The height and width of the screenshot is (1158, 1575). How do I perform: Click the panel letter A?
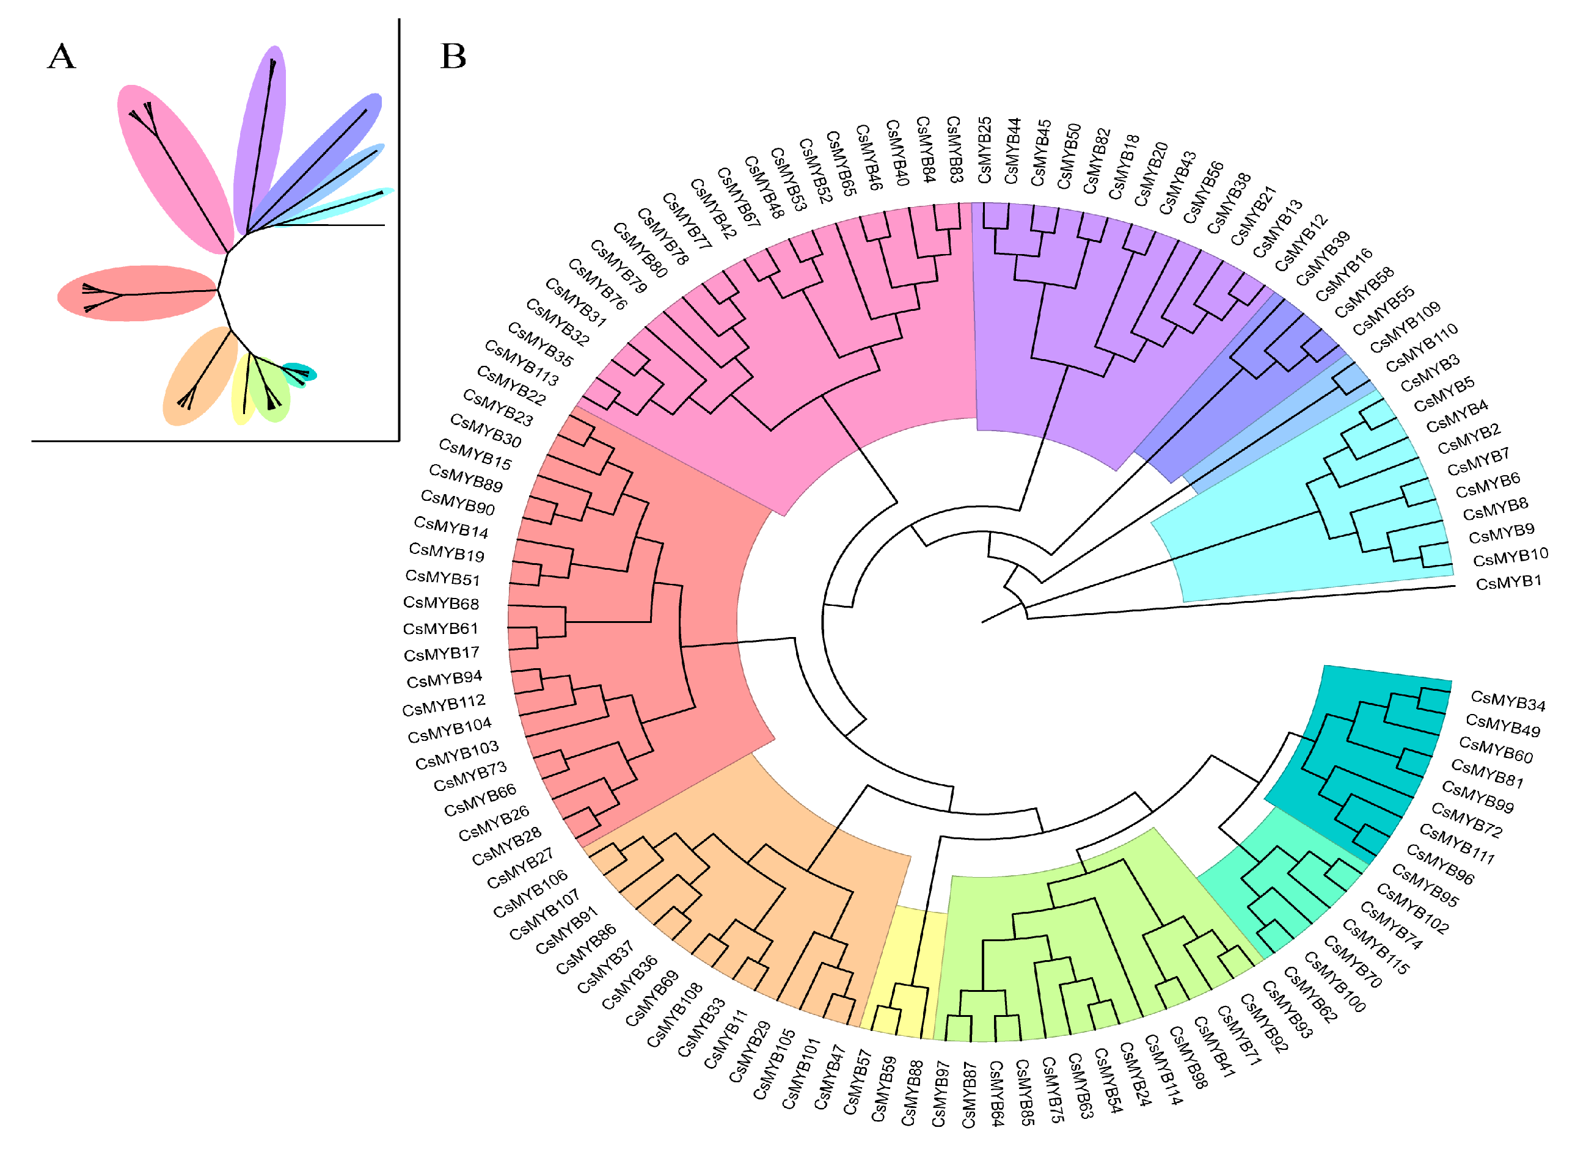point(61,56)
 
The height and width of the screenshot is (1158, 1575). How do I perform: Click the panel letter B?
point(453,56)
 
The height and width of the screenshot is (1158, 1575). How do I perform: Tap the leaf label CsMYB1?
point(1508,583)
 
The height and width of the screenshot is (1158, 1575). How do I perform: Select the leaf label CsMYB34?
point(1508,701)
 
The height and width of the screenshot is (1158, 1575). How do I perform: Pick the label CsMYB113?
point(522,363)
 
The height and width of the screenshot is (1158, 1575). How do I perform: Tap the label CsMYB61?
point(440,628)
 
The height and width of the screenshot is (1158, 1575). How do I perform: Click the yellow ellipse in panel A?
point(243,389)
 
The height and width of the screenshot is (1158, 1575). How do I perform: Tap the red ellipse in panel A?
point(137,293)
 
